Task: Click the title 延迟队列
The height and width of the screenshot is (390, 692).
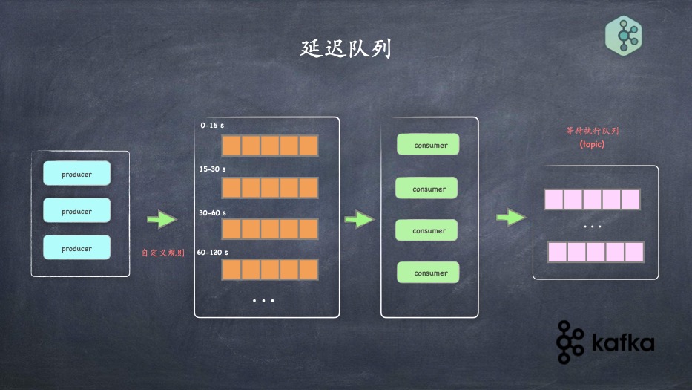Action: coord(346,49)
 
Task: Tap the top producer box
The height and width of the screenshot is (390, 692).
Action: coord(76,174)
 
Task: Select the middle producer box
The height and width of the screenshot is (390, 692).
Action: coord(76,211)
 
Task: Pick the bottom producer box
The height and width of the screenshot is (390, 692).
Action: coord(76,248)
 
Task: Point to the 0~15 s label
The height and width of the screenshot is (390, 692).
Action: coord(213,126)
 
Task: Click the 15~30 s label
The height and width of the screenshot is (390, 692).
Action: coord(214,169)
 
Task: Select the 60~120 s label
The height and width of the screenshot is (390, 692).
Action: coord(213,253)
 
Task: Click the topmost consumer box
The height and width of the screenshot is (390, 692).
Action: coord(428,145)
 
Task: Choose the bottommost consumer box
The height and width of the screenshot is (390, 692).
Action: coord(428,273)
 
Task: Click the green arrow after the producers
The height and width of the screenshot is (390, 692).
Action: coord(162,220)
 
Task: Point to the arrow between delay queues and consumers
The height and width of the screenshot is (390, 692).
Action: coord(360,219)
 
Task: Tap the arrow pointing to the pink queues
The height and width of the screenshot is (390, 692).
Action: coord(510,217)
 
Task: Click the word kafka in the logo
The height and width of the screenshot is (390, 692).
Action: coord(622,343)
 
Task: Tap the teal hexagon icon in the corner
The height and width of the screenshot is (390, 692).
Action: coord(623,35)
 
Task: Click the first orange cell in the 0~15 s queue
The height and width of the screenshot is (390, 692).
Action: coord(232,145)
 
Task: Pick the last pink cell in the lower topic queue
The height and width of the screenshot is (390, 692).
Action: coord(634,252)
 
